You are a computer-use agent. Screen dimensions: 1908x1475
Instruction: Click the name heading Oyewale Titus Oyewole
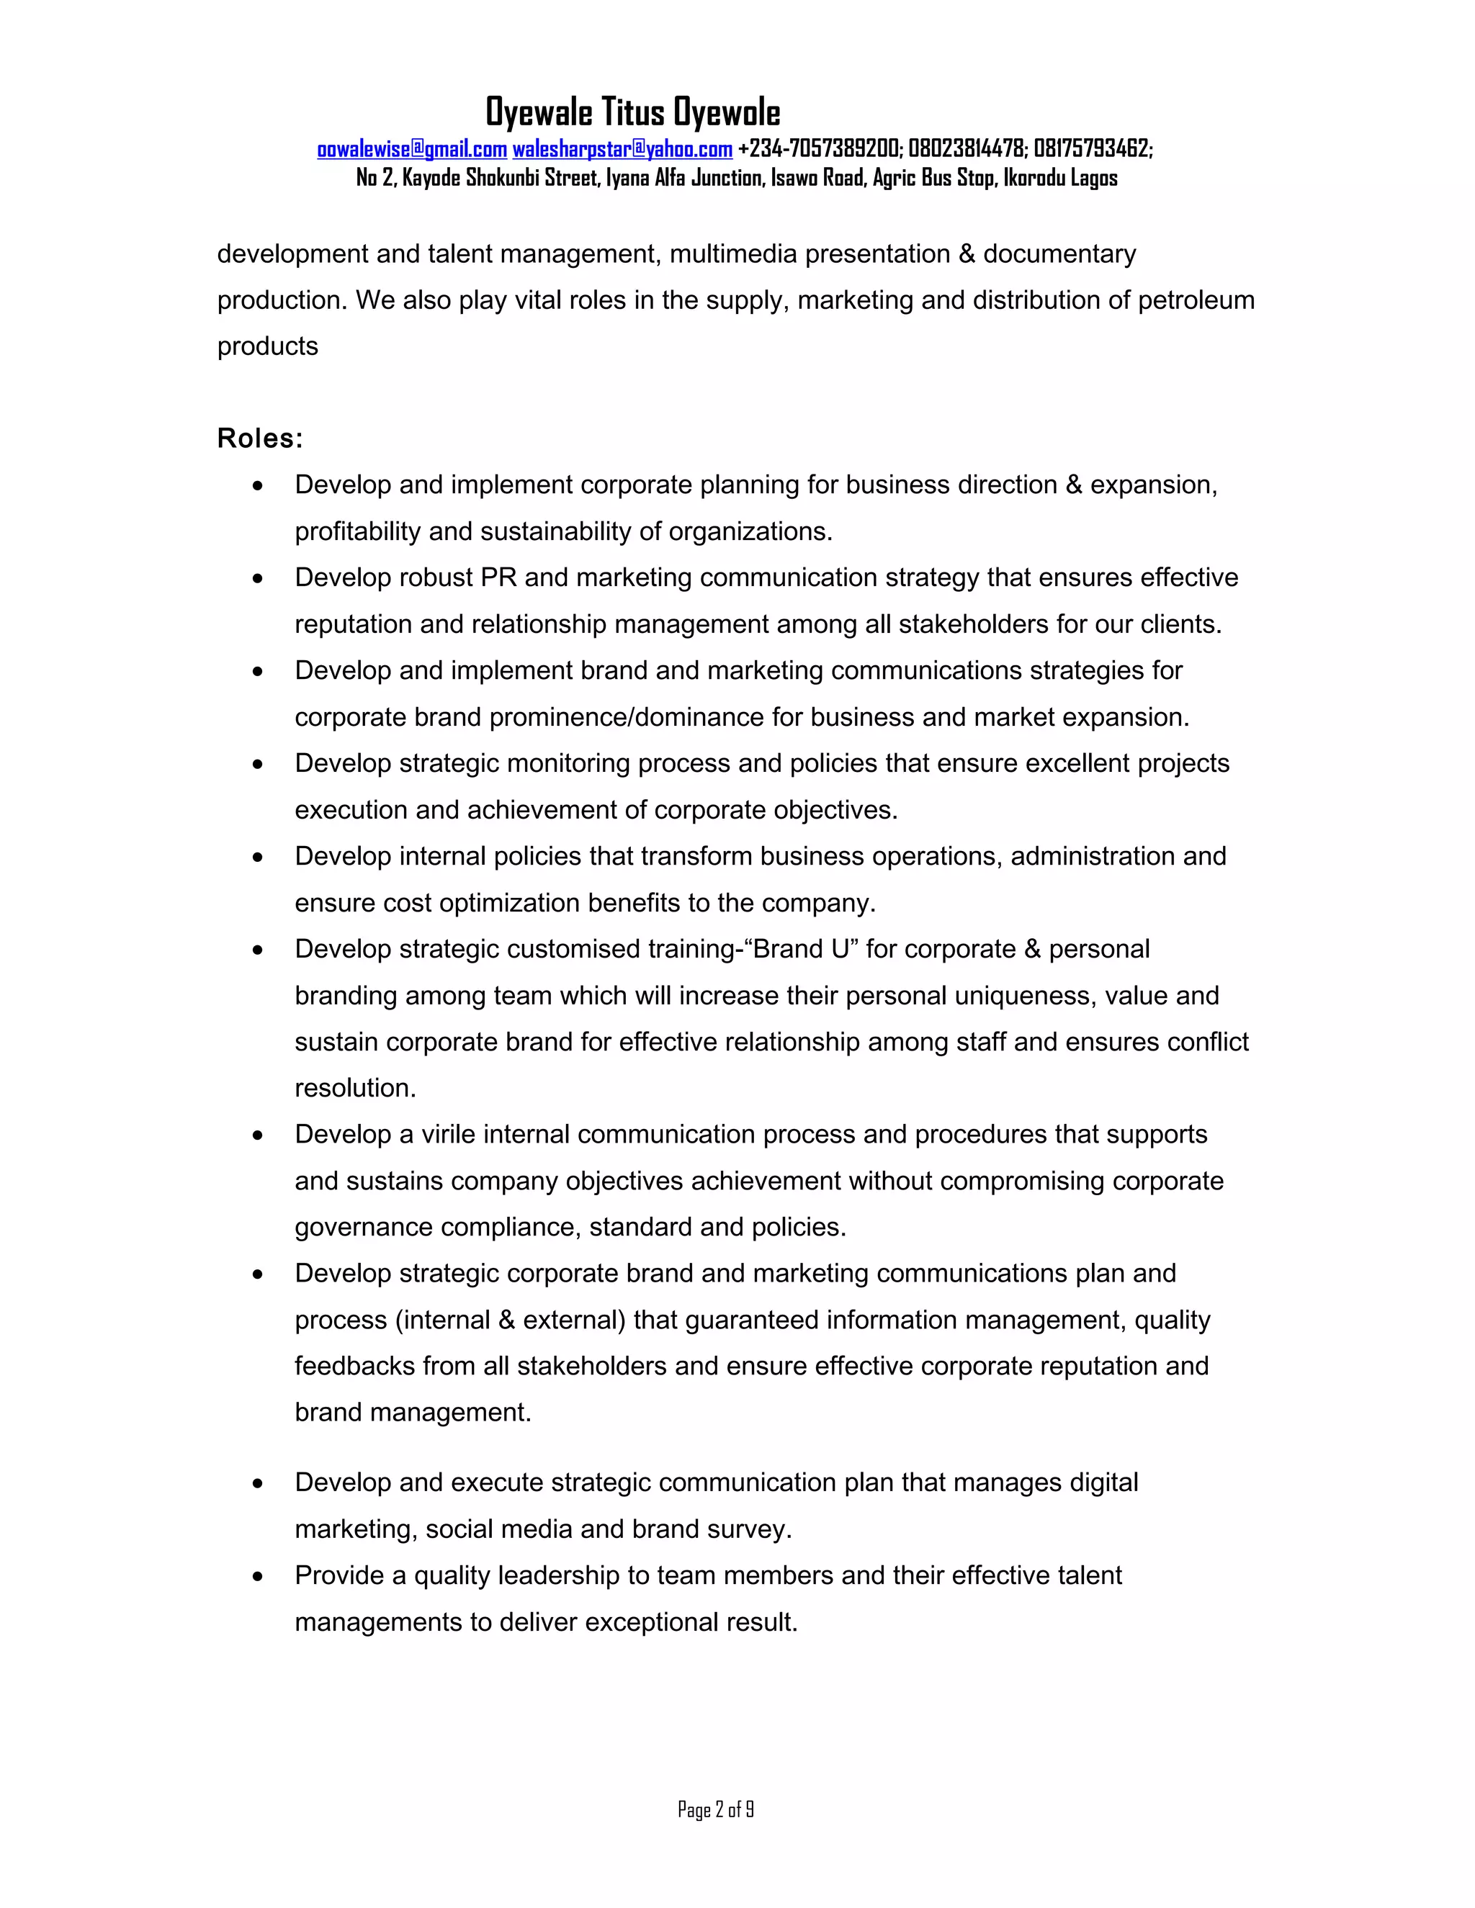point(632,113)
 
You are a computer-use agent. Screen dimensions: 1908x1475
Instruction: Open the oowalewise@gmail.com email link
point(411,149)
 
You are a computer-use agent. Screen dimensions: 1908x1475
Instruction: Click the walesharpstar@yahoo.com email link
point(622,149)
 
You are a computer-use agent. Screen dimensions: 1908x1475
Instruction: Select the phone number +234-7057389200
point(818,149)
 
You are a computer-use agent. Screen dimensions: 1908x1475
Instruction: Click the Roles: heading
point(259,438)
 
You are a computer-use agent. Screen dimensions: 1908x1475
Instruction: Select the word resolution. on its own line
point(355,1089)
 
